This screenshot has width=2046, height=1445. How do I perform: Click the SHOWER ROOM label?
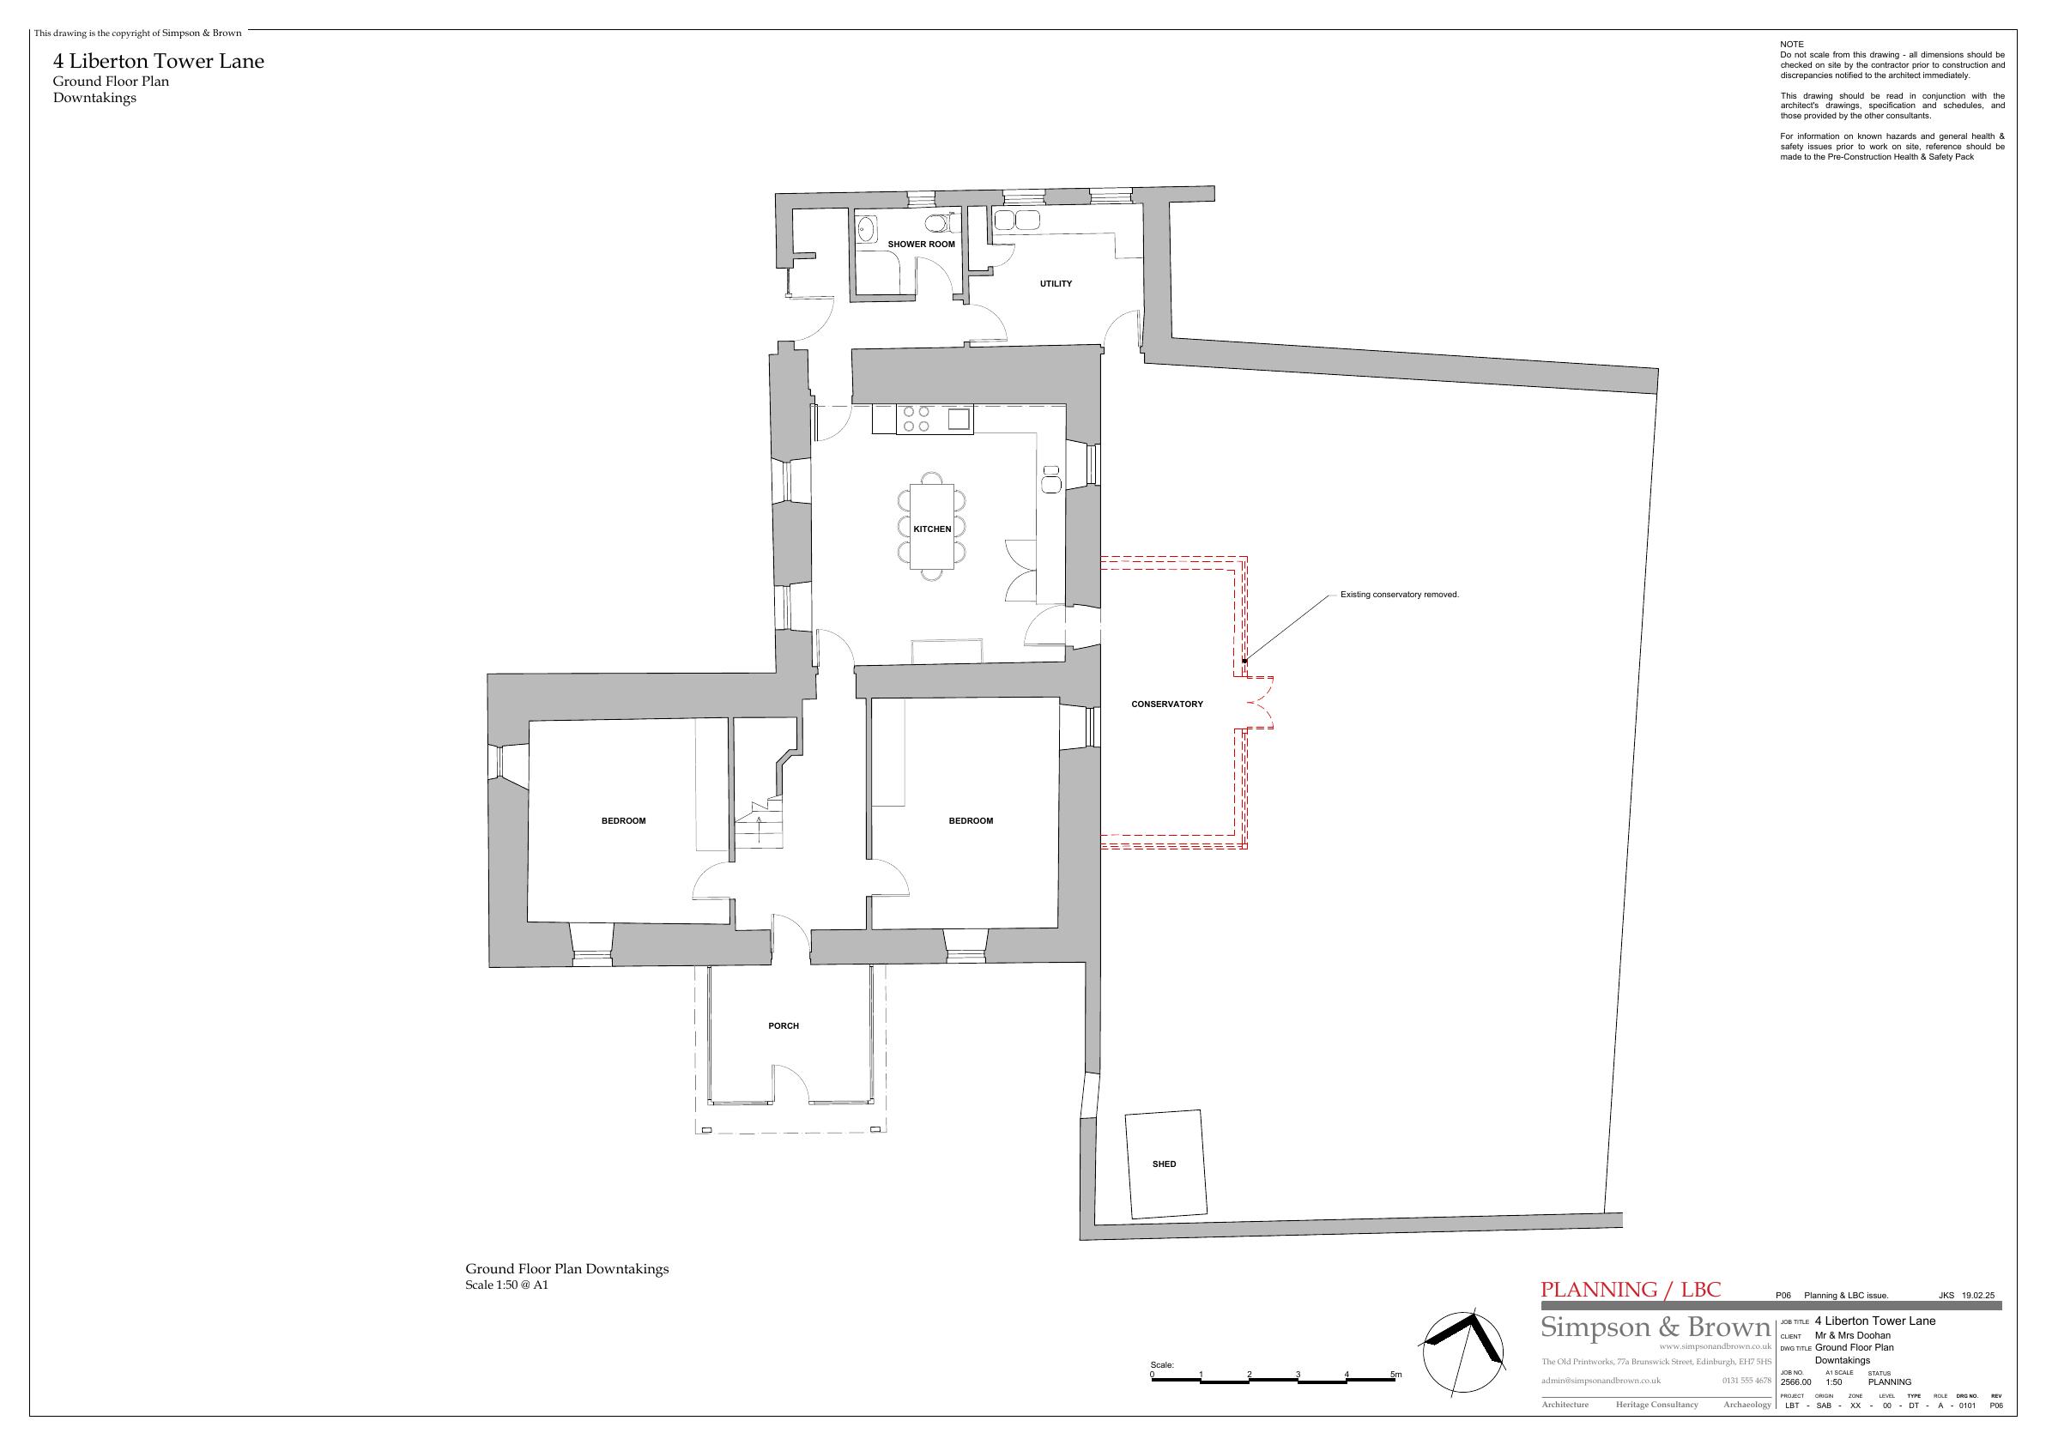coord(921,244)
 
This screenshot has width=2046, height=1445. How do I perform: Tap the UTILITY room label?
coord(1056,284)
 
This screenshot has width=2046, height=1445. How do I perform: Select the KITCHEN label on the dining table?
coord(932,529)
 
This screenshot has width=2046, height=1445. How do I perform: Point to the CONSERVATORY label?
coord(1167,704)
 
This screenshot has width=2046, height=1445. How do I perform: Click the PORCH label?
coord(784,1026)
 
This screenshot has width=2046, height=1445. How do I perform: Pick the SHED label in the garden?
coord(1164,1164)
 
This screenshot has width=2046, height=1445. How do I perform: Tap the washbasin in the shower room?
coord(866,229)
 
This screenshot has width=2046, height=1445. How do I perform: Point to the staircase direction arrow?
coord(759,828)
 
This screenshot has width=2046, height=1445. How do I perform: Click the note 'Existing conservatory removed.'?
coord(1400,594)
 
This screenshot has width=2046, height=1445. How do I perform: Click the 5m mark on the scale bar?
coord(1396,1375)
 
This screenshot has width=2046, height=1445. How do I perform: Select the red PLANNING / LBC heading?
coord(1631,1290)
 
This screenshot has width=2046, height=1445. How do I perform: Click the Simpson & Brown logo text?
coord(1655,1327)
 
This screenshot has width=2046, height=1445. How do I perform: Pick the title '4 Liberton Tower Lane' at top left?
coord(159,62)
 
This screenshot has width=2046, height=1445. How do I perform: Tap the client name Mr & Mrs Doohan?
coord(1853,1335)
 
